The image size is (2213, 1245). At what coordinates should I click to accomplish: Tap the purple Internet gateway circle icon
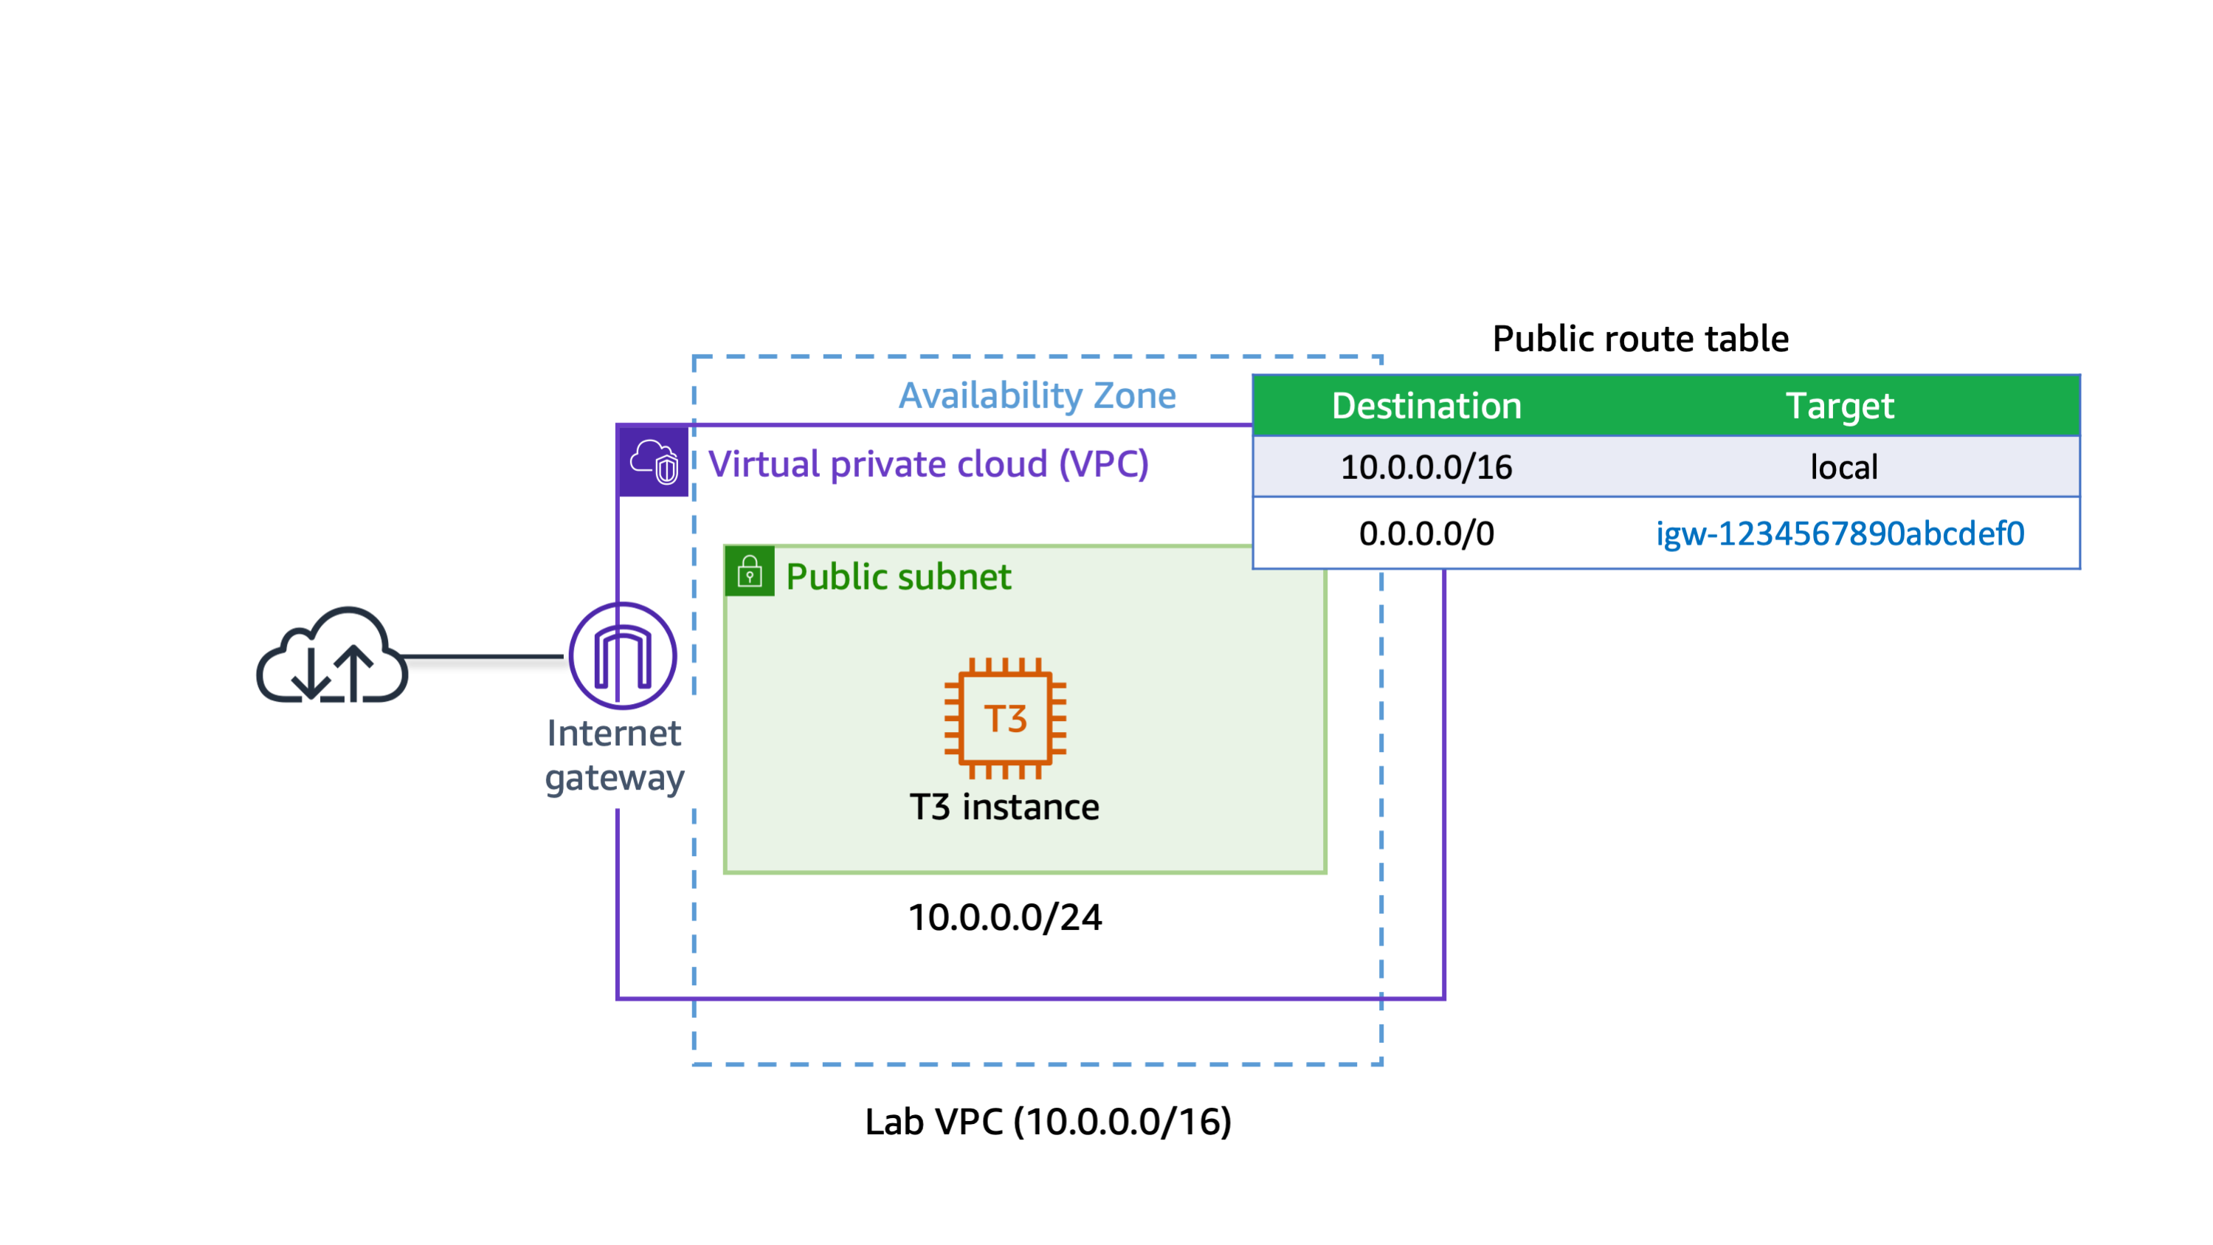coord(623,655)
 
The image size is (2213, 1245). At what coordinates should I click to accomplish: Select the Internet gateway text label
coord(614,755)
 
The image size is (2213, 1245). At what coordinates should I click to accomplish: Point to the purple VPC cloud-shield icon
coord(654,462)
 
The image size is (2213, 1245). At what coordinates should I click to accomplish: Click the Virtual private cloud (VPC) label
coord(928,464)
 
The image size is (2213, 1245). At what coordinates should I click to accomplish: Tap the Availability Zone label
coord(1037,396)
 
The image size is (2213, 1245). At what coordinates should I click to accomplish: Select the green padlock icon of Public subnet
coord(750,571)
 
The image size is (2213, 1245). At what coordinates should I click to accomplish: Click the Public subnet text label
coord(898,576)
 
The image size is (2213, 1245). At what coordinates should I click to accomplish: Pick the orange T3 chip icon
coord(1005,718)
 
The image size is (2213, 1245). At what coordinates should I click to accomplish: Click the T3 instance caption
coord(1004,807)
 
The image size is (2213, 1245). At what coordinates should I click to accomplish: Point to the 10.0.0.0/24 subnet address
coord(1005,917)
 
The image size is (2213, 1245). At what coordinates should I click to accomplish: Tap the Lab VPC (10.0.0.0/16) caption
coord(1048,1121)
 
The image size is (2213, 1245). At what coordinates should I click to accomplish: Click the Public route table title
coord(1640,339)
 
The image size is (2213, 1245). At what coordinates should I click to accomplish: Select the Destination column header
coord(1426,406)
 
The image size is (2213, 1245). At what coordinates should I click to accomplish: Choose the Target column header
coord(1840,406)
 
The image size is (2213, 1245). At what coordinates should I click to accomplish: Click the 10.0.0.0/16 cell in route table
coord(1426,467)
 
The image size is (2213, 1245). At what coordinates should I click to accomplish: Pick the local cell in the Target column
coord(1843,467)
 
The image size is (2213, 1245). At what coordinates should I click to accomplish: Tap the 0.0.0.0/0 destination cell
coord(1426,534)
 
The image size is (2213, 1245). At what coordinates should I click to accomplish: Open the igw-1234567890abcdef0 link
coord(1840,534)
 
